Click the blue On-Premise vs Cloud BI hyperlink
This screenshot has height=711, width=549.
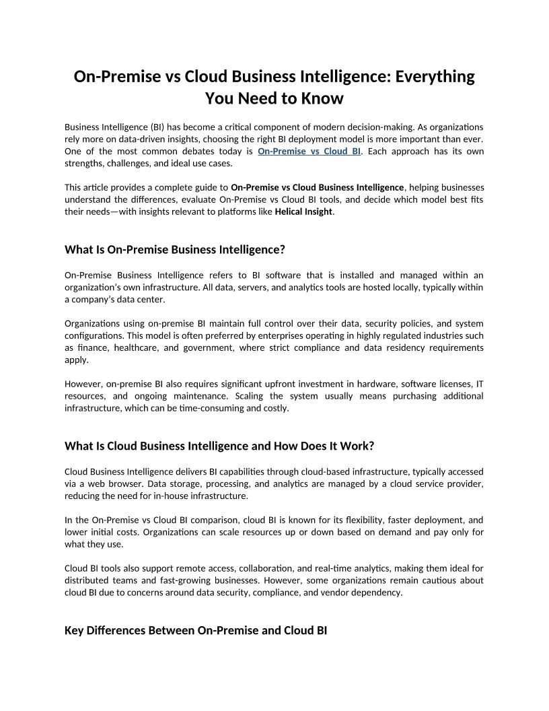pyautogui.click(x=309, y=151)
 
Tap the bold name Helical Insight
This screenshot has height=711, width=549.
pyautogui.click(x=303, y=212)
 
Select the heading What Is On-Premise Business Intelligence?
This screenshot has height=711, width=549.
pyautogui.click(x=175, y=250)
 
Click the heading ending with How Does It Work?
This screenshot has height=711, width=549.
pyautogui.click(x=219, y=446)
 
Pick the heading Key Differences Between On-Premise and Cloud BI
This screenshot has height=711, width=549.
pyautogui.click(x=196, y=631)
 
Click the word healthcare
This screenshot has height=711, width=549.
pyautogui.click(x=137, y=348)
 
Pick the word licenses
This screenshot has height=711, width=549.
pyautogui.click(x=445, y=384)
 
